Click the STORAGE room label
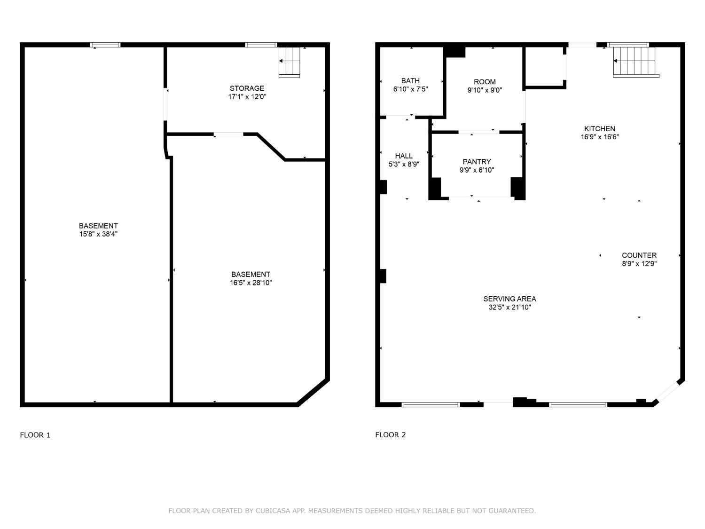pos(247,88)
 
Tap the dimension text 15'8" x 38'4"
pos(98,234)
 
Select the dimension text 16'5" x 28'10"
pos(251,283)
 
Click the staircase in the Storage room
pos(289,62)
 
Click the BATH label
pos(410,81)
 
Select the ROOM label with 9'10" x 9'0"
pos(485,82)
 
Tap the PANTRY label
pos(477,162)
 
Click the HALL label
pos(404,156)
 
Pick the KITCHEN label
pos(599,129)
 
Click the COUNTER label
pos(639,255)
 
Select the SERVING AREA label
pos(509,299)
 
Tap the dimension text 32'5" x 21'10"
pos(509,308)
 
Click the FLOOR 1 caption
pos(35,435)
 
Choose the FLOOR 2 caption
pos(390,435)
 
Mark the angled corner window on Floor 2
pos(668,392)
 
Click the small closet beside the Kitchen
pos(544,67)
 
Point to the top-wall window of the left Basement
pos(105,45)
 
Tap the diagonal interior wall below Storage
pos(271,147)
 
